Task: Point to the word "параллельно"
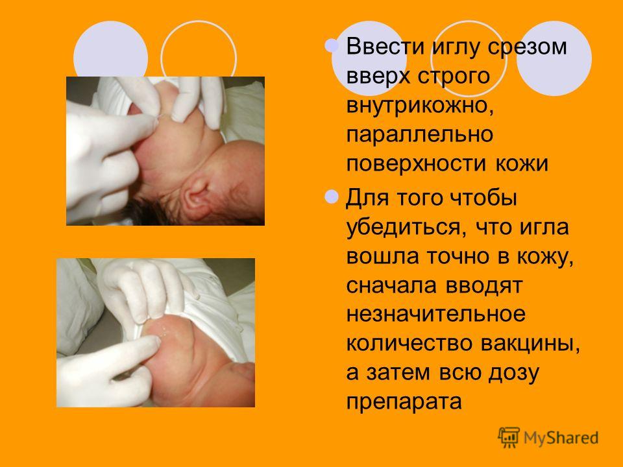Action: (420, 134)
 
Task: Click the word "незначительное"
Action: (436, 314)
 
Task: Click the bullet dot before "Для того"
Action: (332, 197)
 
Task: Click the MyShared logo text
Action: (561, 438)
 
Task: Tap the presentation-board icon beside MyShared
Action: (509, 438)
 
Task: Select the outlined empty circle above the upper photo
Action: (199, 59)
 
